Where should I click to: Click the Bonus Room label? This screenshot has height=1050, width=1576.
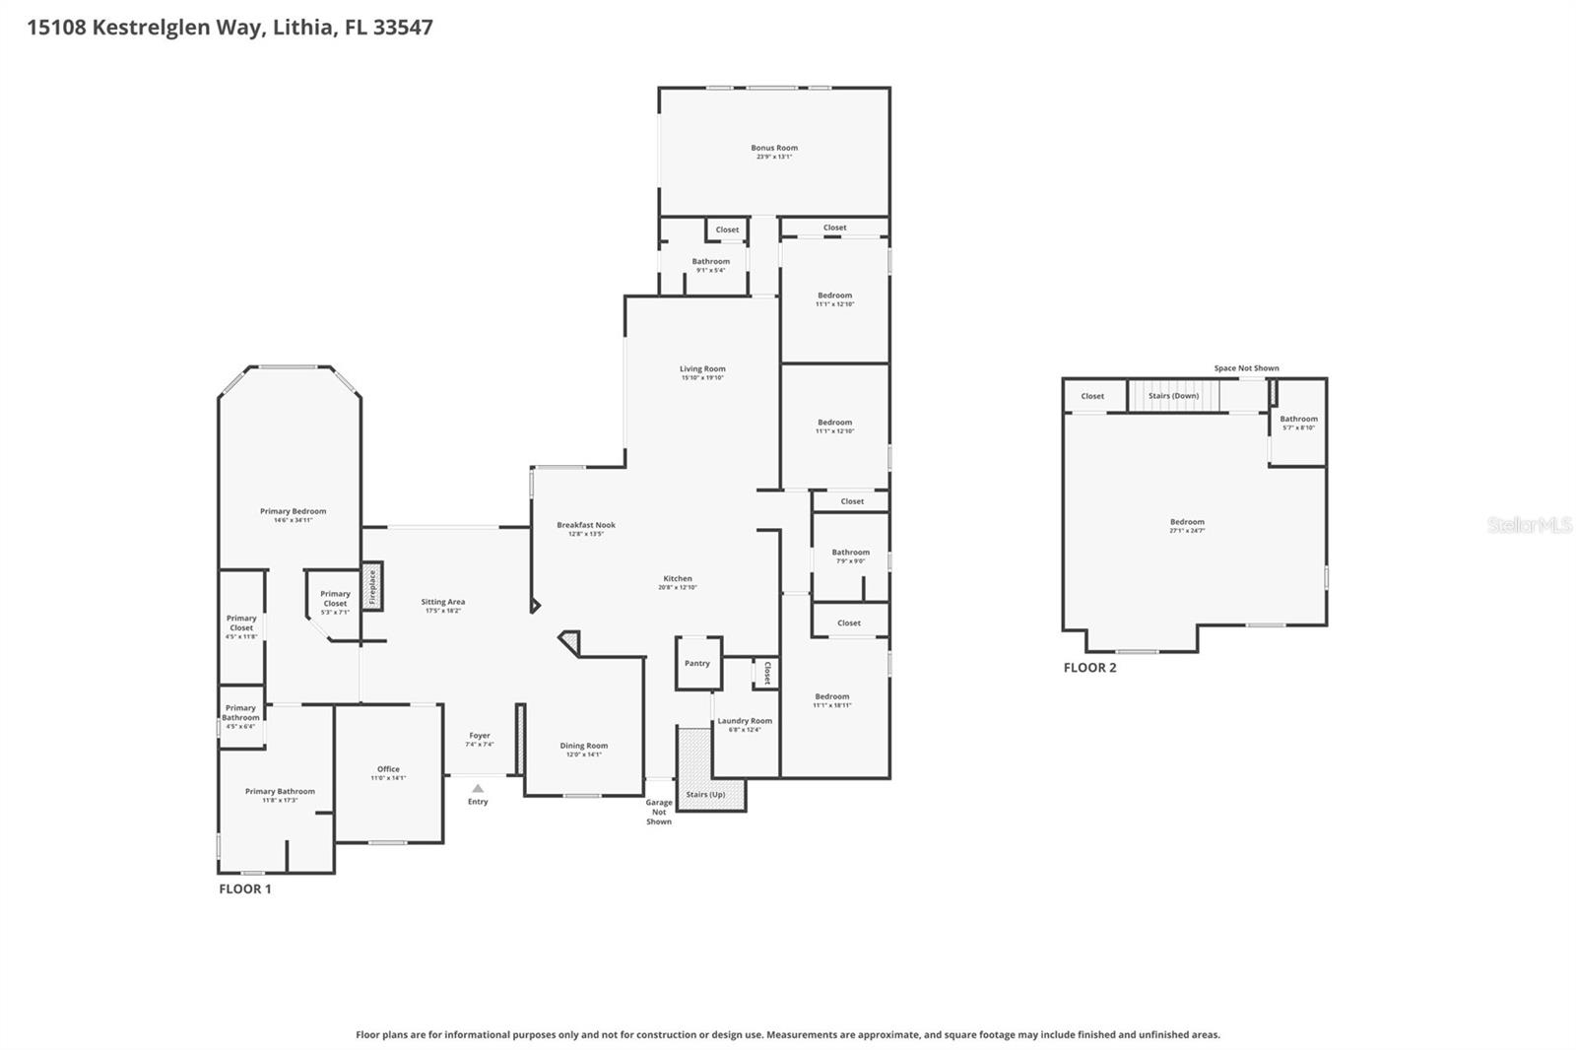click(774, 148)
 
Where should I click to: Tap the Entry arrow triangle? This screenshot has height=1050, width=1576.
click(478, 788)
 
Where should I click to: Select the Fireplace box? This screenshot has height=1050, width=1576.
click(372, 586)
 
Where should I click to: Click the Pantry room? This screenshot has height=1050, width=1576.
click(697, 663)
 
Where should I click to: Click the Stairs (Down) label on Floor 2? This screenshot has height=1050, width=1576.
click(1173, 396)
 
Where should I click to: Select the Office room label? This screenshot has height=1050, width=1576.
click(388, 769)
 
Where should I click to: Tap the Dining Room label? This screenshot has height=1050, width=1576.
click(584, 746)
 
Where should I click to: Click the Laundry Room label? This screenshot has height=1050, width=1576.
click(745, 721)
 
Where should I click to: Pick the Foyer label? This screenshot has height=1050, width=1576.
click(480, 736)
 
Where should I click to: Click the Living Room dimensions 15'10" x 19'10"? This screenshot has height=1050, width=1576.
click(702, 378)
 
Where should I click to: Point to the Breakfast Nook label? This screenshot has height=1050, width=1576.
click(586, 525)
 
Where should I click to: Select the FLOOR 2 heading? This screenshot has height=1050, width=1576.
click(1089, 668)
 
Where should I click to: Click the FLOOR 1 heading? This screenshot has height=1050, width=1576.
click(244, 888)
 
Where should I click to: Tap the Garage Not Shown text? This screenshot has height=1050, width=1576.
click(659, 812)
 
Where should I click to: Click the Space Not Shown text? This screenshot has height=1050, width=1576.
click(1246, 368)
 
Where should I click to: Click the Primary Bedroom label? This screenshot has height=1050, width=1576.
click(293, 511)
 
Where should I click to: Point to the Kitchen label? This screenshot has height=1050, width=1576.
click(678, 578)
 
